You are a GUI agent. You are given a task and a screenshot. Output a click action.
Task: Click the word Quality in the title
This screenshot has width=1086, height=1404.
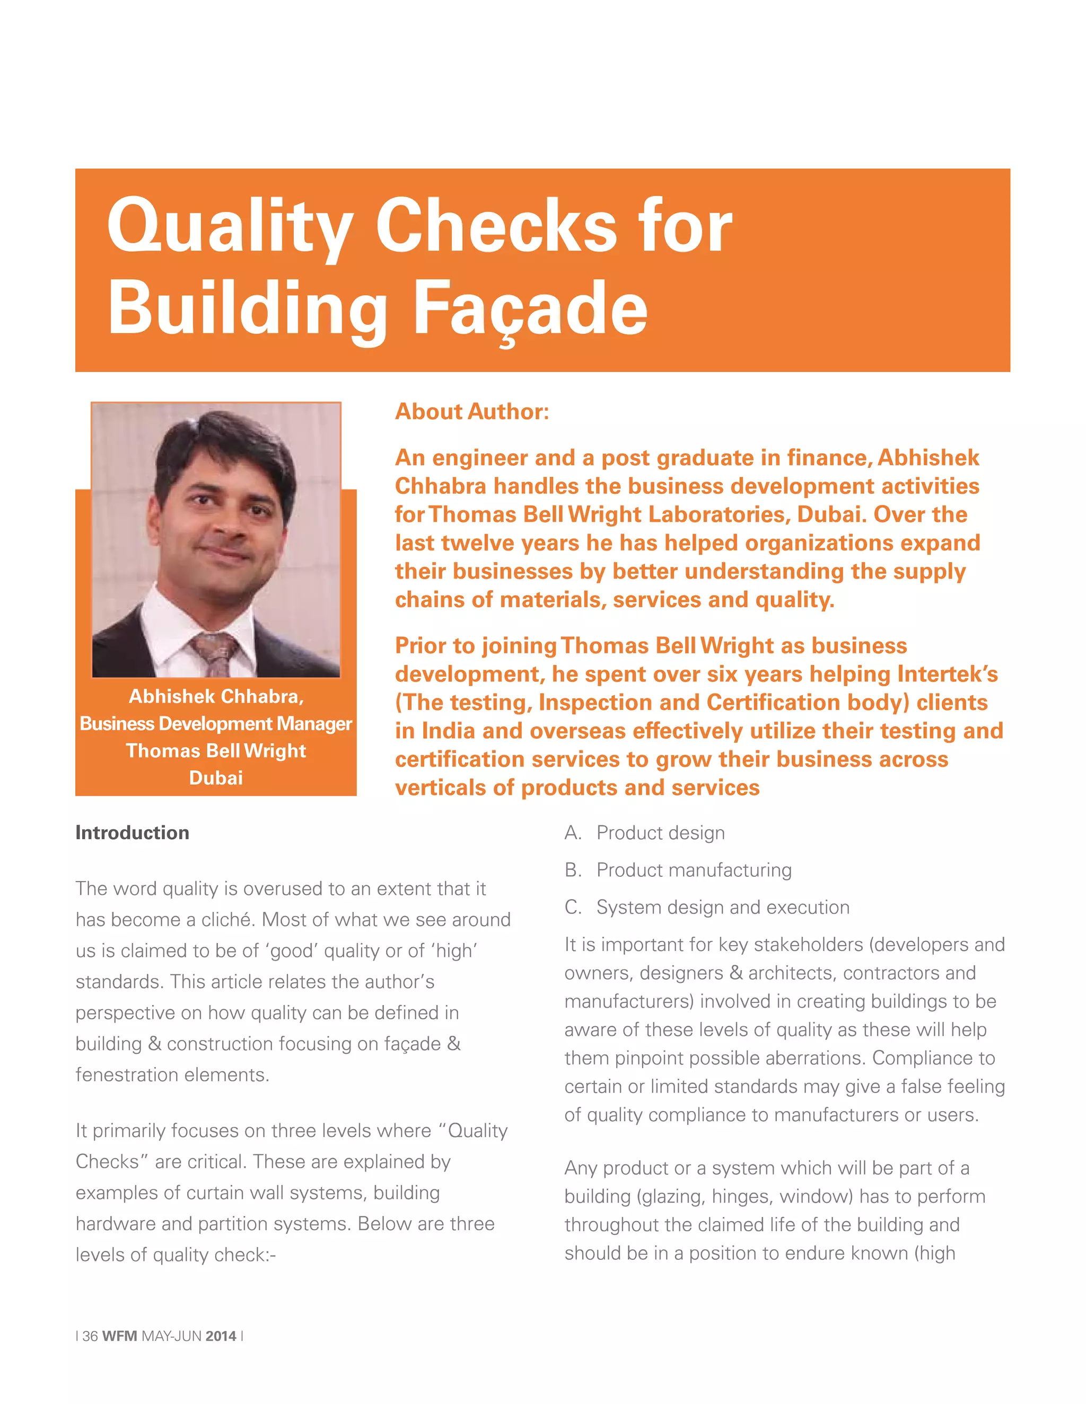pyautogui.click(x=229, y=226)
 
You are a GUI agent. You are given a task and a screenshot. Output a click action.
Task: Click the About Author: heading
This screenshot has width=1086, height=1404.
pyautogui.click(x=471, y=412)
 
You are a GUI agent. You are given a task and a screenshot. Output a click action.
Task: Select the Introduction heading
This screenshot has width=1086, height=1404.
pyautogui.click(x=132, y=832)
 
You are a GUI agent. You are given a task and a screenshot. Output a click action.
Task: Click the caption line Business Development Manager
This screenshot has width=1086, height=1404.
pyautogui.click(x=215, y=724)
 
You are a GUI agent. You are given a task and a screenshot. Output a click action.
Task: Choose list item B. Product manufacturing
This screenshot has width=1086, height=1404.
pyautogui.click(x=678, y=870)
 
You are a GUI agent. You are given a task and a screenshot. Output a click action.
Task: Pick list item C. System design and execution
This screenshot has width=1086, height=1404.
pyautogui.click(x=707, y=907)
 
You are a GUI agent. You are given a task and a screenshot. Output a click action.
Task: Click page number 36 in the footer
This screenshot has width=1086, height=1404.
pyautogui.click(x=90, y=1336)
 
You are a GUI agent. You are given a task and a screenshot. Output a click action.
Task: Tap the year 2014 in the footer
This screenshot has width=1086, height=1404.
pyautogui.click(x=221, y=1336)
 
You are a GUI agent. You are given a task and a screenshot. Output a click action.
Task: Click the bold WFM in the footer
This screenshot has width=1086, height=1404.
pyautogui.click(x=120, y=1336)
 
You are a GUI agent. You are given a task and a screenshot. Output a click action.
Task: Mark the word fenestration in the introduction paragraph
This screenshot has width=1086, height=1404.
pyautogui.click(x=133, y=1075)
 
